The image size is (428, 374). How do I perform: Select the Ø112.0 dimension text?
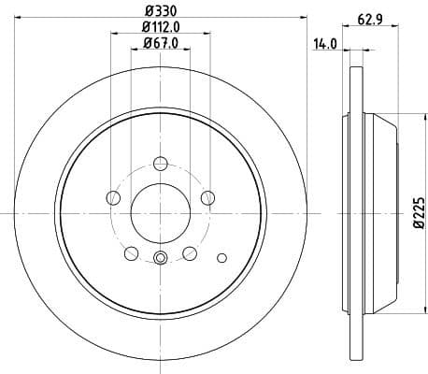tap(160, 27)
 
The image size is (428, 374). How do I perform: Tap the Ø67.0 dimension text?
tap(160, 44)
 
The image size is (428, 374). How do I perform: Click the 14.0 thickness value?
tap(324, 43)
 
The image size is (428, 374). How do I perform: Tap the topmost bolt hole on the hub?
tap(160, 164)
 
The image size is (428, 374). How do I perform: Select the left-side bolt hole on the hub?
tap(114, 196)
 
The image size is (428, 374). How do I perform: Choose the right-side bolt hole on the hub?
tap(207, 196)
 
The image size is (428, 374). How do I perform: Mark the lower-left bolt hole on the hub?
tap(132, 252)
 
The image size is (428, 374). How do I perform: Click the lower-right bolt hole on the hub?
tap(189, 252)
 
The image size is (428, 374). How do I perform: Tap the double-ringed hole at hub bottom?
tap(160, 258)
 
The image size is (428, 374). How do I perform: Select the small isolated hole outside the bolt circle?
tap(221, 257)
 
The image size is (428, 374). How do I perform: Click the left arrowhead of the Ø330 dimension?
tap(19, 17)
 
